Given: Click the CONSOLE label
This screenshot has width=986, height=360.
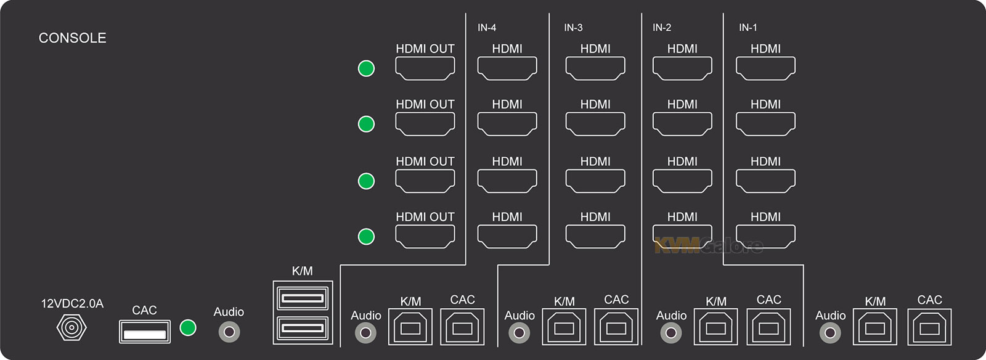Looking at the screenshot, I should [72, 38].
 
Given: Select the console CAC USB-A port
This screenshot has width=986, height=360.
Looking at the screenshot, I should [144, 332].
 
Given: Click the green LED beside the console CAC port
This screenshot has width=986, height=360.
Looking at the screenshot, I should [188, 327].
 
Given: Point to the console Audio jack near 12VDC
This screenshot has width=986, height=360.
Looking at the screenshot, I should [229, 332].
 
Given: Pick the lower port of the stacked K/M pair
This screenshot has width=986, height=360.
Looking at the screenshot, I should [303, 327].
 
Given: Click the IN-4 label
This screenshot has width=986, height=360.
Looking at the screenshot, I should [487, 28].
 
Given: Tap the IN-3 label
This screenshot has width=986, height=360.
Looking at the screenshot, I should [573, 28].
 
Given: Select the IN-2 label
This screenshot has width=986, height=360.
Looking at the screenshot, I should [662, 28].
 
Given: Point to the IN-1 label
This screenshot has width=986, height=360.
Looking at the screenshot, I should [748, 28].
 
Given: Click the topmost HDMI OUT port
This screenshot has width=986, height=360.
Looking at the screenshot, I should [425, 68].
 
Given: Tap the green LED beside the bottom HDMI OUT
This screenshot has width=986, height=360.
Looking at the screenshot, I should [366, 236].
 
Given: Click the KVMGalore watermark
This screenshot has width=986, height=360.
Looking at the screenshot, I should [709, 246].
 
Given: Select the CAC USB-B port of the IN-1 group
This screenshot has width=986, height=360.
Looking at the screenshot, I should [929, 327].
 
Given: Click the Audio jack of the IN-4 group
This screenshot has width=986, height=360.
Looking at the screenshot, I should [365, 333].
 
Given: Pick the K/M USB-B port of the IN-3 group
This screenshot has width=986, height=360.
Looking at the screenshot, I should [564, 327].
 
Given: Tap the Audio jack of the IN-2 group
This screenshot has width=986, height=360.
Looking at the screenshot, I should [671, 333].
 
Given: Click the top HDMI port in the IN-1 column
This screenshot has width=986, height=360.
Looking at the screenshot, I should [765, 68].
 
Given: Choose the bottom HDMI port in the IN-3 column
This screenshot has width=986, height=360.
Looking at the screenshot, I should [595, 236].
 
